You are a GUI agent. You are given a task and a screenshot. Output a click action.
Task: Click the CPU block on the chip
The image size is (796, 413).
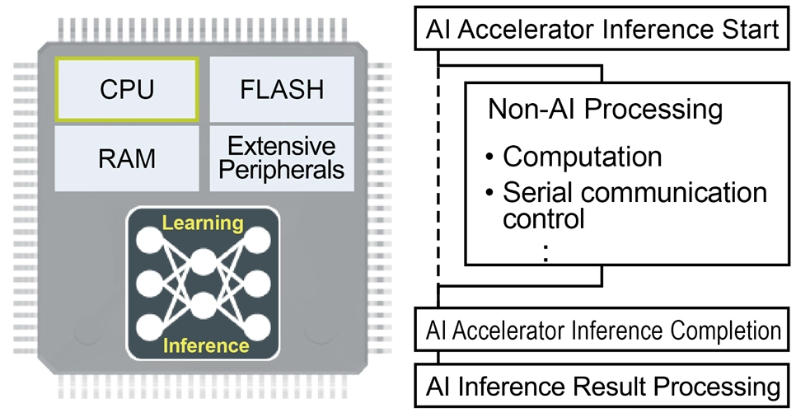(126, 89)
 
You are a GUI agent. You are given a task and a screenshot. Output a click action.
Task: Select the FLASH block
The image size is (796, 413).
(282, 89)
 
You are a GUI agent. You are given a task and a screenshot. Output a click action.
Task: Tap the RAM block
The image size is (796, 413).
(126, 158)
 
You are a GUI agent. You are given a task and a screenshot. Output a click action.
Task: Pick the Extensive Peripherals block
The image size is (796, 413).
(282, 158)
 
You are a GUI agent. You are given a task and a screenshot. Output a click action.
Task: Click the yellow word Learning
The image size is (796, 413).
(203, 223)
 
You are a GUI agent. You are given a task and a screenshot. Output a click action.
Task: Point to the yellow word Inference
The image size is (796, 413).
(203, 345)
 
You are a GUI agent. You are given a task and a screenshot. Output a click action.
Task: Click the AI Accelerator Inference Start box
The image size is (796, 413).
(602, 31)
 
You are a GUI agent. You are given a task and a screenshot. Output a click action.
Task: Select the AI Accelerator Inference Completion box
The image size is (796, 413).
(602, 331)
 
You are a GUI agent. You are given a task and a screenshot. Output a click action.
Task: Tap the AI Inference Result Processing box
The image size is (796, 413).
(602, 385)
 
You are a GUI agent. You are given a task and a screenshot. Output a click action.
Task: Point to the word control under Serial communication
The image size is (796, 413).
(544, 219)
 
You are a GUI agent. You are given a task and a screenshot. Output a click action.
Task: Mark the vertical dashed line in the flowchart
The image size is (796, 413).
(438, 181)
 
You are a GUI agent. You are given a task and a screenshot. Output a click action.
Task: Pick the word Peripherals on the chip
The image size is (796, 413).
(282, 171)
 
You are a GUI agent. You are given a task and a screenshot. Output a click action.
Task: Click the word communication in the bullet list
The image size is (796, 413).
(674, 192)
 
